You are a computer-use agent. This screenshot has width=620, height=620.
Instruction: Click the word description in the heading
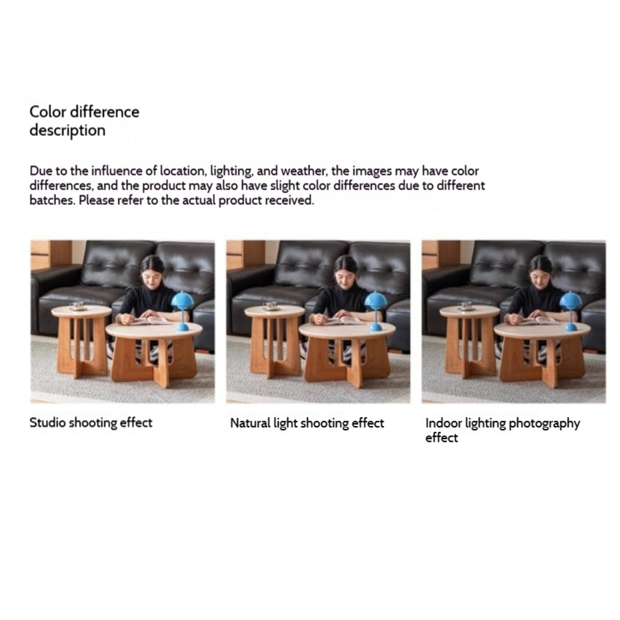coord(67,131)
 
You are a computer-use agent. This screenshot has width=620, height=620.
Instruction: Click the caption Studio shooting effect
coord(91,422)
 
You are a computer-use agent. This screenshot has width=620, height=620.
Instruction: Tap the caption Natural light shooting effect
coord(307,423)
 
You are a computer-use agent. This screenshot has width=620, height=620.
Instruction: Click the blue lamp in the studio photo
coord(182,310)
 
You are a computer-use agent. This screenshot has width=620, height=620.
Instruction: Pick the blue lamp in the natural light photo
coord(375,310)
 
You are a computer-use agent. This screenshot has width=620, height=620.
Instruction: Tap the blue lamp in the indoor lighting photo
coord(570,310)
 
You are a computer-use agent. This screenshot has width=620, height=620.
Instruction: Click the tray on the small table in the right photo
coord(467,306)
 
